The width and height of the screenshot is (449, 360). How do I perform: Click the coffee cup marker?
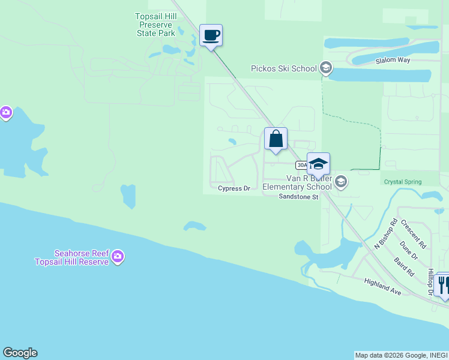tap(211, 35)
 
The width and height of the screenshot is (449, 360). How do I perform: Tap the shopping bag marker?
tap(276, 139)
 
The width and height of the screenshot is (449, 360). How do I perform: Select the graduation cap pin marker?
tap(318, 164)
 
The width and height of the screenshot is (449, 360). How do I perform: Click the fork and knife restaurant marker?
tap(444, 285)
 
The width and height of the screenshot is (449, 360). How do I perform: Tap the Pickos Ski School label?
tap(283, 68)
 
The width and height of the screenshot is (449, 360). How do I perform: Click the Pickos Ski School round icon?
tap(326, 68)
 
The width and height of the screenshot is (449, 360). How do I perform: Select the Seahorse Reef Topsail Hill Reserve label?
tap(71, 257)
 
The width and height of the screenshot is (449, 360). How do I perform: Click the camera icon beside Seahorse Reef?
tap(118, 257)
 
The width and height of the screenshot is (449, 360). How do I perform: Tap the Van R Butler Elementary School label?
tap(297, 182)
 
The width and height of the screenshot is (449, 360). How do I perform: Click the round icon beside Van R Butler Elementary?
tap(341, 182)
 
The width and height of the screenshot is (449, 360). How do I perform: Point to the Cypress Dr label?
tap(234, 188)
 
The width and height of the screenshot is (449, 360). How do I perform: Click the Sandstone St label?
tap(298, 196)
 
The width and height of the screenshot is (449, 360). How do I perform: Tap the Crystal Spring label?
tap(403, 181)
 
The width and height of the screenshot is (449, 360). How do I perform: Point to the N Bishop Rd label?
tap(386, 233)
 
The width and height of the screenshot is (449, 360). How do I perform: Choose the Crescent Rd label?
tap(414, 233)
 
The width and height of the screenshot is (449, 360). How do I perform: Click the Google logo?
tap(20, 353)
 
